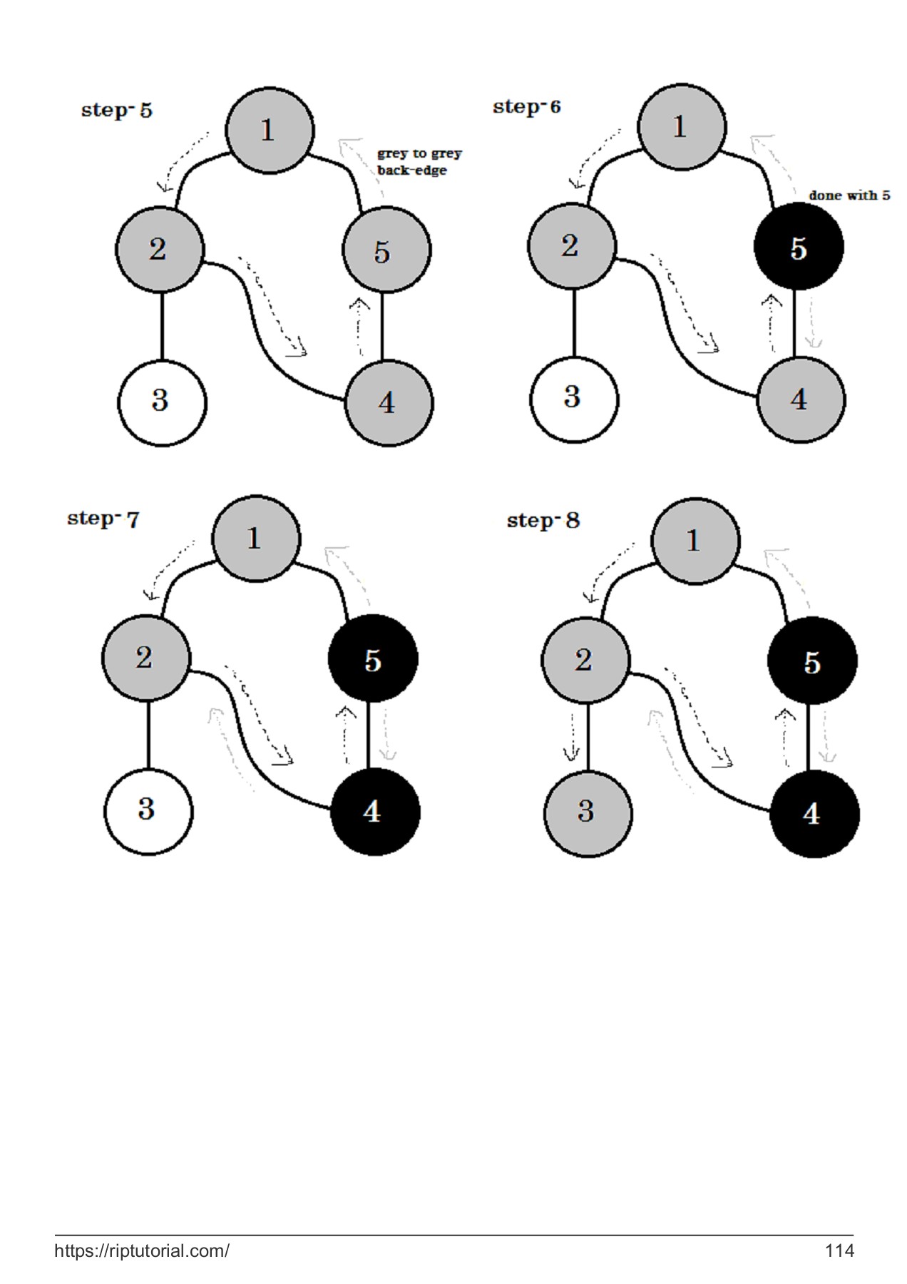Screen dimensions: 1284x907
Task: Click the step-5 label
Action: (x=117, y=111)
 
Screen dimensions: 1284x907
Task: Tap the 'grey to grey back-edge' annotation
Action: (x=419, y=162)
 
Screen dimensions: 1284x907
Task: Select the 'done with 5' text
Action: (x=849, y=195)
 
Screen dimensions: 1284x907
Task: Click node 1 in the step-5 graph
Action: (x=269, y=130)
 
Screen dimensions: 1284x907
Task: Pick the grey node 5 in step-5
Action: (x=386, y=250)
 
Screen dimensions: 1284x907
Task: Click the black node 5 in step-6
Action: (x=799, y=247)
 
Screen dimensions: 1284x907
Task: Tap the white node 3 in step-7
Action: (x=148, y=811)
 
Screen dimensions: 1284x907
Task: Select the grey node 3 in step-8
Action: (x=588, y=812)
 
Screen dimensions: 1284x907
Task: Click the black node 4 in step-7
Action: (x=374, y=812)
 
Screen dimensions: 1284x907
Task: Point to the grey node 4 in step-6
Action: (x=800, y=399)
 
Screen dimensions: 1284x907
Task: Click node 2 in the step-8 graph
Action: (x=585, y=660)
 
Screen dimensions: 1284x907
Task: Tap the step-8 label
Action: (x=543, y=521)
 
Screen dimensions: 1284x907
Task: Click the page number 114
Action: (x=839, y=1250)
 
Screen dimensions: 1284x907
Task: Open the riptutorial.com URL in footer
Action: (x=142, y=1250)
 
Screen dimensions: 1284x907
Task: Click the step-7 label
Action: (x=103, y=519)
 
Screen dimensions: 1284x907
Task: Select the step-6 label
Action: (x=526, y=107)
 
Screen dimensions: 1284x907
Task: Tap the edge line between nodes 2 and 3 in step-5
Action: (x=162, y=326)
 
